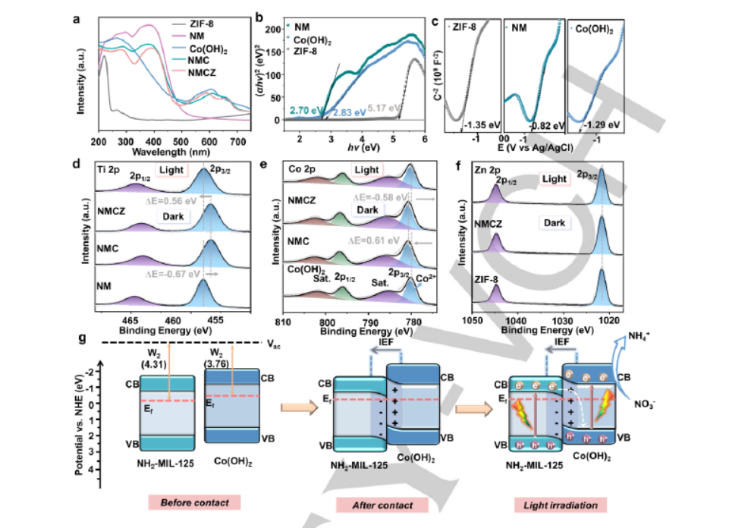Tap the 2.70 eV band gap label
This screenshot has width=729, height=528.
pos(305,111)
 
